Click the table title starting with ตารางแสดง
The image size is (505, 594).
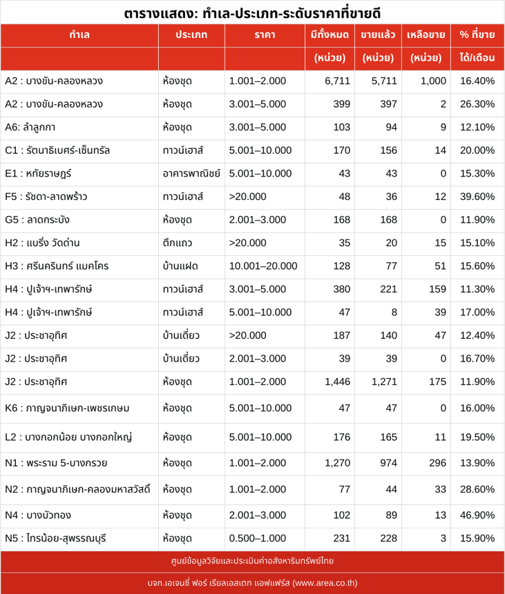tap(252, 12)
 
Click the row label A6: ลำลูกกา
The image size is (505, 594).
tap(30, 128)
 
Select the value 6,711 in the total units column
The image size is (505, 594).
tap(337, 81)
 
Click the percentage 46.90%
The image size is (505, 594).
tap(477, 515)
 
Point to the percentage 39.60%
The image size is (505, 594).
tap(477, 197)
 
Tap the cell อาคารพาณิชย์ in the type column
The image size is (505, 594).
tap(191, 174)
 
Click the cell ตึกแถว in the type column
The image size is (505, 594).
tap(178, 244)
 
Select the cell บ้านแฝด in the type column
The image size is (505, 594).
tap(180, 266)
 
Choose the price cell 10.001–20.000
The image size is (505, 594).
tap(263, 266)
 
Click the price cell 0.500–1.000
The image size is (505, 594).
tap(257, 539)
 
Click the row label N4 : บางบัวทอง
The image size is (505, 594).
tap(38, 515)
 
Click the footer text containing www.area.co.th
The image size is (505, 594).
tap(252, 583)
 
